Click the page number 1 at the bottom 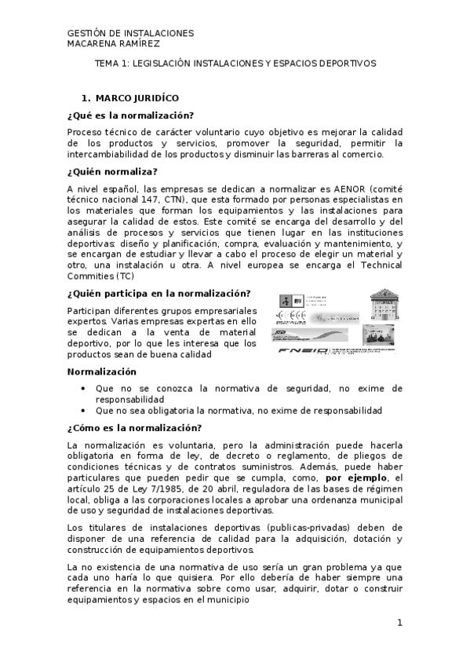click(x=399, y=623)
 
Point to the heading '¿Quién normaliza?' click(x=113, y=171)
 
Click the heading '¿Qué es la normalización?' click(x=130, y=115)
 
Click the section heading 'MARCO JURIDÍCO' click(x=137, y=98)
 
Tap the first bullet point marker click(x=84, y=388)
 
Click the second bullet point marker click(x=84, y=410)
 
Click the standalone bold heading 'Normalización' click(x=102, y=371)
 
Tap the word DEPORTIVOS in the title click(x=349, y=63)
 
